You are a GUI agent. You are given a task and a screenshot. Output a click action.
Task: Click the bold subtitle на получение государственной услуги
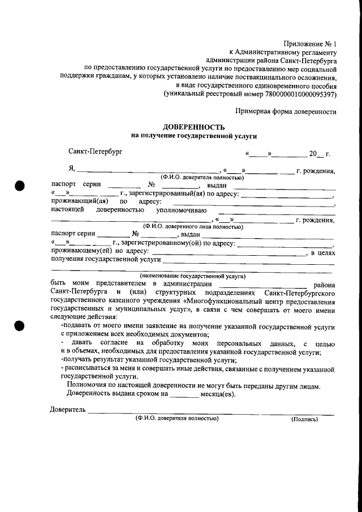click(194, 136)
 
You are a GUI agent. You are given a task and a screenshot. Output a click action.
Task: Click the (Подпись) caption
click(304, 420)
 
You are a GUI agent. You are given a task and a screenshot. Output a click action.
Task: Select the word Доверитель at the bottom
click(67, 410)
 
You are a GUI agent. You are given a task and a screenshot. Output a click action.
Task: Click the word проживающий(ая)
click(76, 201)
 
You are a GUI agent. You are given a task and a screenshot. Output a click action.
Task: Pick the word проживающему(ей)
click(79, 251)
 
